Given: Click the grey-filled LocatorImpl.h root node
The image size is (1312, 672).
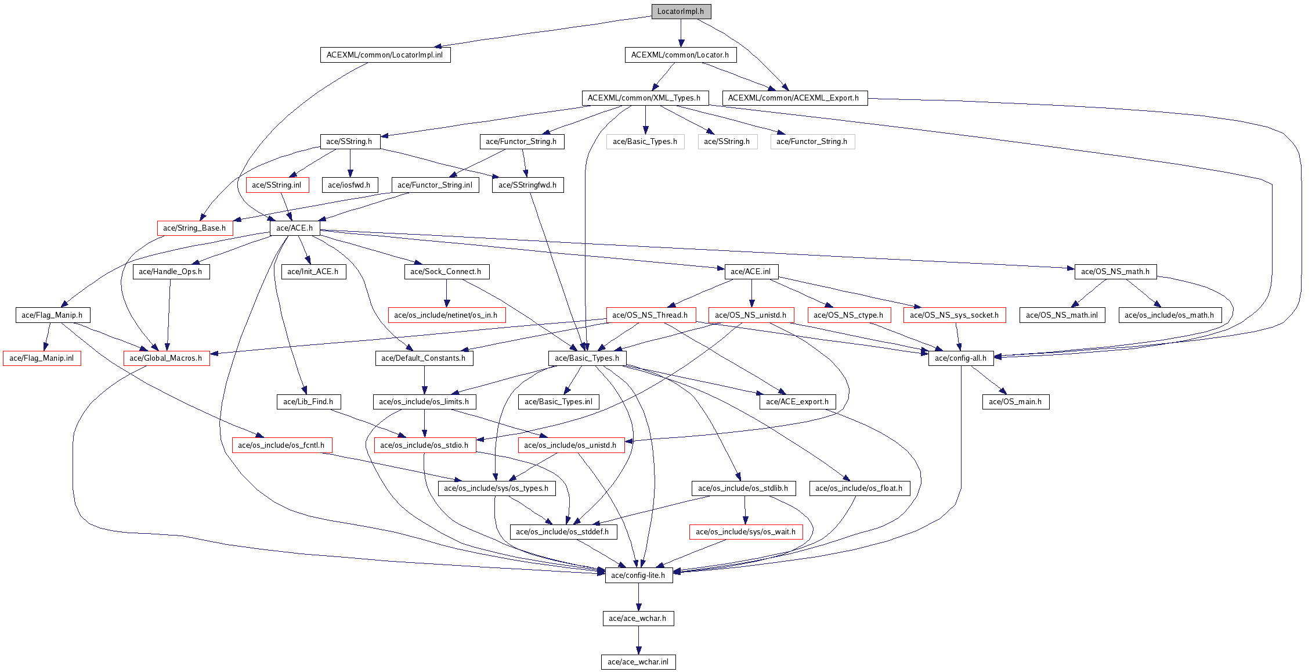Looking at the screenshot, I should click(681, 12).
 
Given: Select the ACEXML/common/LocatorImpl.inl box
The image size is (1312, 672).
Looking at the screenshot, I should click(385, 55).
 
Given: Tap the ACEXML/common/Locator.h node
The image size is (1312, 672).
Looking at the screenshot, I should click(680, 55).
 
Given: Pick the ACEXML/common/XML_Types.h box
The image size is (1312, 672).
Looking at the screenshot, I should click(644, 98).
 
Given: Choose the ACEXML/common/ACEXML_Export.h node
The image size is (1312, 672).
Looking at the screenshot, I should click(794, 98).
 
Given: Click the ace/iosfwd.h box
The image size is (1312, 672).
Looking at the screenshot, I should click(349, 185).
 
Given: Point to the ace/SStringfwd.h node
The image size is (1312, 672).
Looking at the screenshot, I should click(527, 185).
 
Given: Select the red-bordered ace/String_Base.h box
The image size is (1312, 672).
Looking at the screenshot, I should click(194, 228).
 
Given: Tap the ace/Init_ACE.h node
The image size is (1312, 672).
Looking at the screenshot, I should click(313, 272).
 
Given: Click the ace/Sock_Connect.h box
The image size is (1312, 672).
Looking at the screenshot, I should click(446, 272).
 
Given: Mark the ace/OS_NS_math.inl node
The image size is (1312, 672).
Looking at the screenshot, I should click(1062, 315).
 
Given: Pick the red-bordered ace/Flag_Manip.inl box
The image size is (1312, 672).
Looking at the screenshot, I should click(42, 358).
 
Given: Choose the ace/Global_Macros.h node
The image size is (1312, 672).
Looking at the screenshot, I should click(166, 358).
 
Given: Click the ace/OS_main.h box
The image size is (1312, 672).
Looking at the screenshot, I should click(1015, 402).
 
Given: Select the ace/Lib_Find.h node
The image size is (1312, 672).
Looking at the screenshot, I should click(308, 402).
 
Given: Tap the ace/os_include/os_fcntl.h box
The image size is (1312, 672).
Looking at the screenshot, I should click(281, 445).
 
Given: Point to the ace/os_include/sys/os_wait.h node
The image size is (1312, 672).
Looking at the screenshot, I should click(746, 532).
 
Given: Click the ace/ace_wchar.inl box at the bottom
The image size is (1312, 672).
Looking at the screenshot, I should click(638, 662).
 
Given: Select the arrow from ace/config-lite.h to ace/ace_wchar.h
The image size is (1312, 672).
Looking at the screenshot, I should click(638, 597).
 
